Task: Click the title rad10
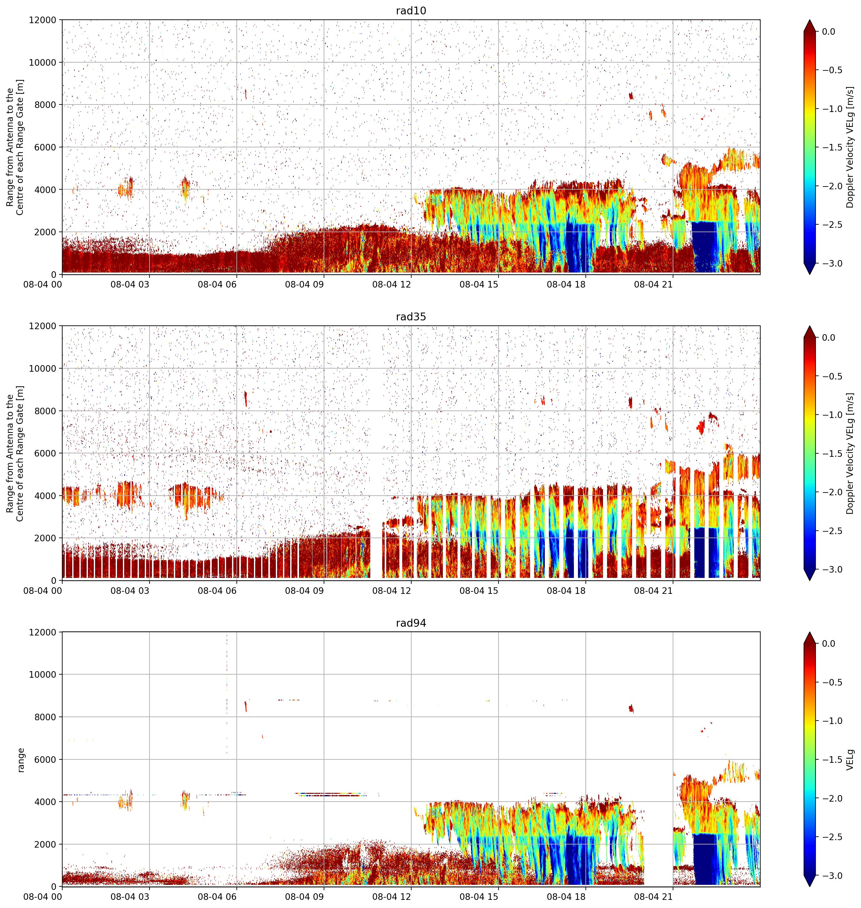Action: click(x=411, y=11)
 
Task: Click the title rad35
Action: click(x=411, y=317)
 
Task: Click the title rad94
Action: click(x=411, y=623)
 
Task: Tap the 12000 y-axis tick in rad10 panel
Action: click(x=42, y=20)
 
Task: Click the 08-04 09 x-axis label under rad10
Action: click(x=304, y=284)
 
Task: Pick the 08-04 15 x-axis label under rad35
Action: click(x=479, y=590)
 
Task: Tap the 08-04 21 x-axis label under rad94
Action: click(x=653, y=896)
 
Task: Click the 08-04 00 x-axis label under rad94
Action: click(x=43, y=896)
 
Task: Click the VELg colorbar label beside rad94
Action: click(x=850, y=759)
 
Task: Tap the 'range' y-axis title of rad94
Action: click(x=21, y=759)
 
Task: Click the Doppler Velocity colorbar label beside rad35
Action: click(x=850, y=453)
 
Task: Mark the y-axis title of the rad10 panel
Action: click(x=15, y=147)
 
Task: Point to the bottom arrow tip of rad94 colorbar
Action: click(x=810, y=886)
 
